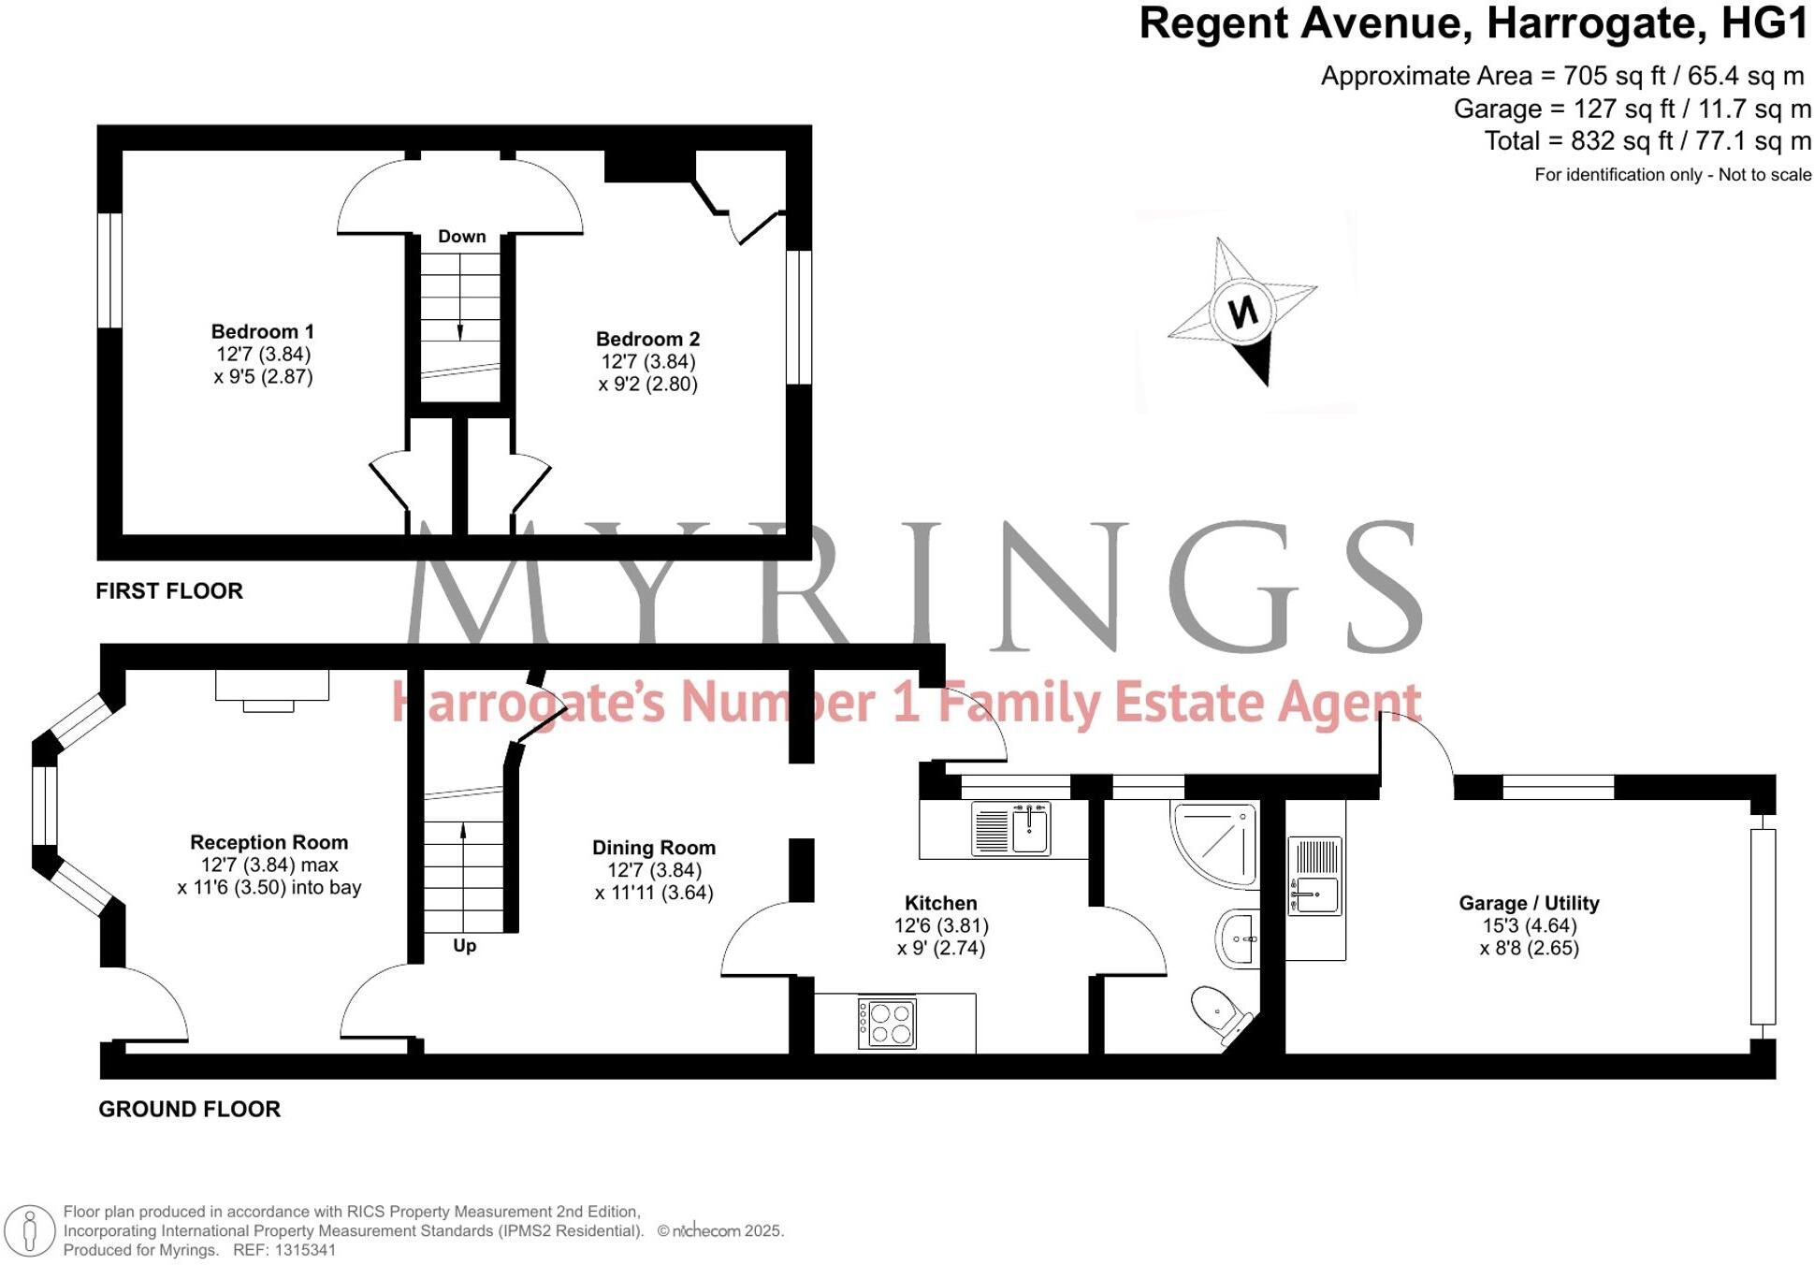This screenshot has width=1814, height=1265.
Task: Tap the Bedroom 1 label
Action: tap(262, 332)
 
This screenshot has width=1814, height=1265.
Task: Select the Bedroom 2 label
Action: tap(647, 340)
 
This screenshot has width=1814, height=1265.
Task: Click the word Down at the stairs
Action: tap(462, 237)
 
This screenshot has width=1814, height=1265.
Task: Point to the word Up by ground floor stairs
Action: tap(464, 946)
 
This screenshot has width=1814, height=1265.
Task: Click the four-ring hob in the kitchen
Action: tap(888, 1023)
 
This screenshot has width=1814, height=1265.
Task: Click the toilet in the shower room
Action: tap(1220, 1014)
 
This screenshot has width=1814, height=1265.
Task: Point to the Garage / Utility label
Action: tap(1529, 904)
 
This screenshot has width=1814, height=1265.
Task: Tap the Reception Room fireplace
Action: tap(271, 689)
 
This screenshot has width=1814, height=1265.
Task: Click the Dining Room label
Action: tap(654, 848)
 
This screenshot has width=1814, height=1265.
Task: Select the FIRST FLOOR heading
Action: tap(169, 591)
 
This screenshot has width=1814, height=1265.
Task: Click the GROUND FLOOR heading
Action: tap(189, 1110)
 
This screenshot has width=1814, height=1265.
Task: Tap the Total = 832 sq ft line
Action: tap(1647, 141)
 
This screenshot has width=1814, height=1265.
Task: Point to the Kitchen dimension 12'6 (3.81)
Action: tap(941, 926)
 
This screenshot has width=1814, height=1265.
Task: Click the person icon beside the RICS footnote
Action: tap(30, 1230)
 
